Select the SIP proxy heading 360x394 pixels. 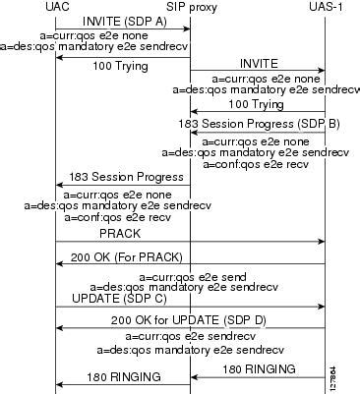point(189,7)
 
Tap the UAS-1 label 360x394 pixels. point(326,7)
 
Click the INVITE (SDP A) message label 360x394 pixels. point(122,21)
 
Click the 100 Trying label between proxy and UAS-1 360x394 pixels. point(255,103)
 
